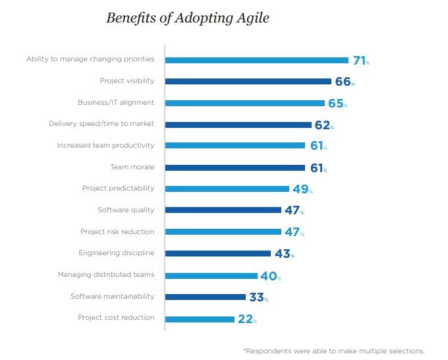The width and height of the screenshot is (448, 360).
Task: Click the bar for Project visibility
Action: pyautogui.click(x=248, y=81)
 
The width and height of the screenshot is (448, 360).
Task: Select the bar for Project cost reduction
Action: pyautogui.click(x=200, y=319)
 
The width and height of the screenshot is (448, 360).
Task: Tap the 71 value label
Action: pyautogui.click(x=360, y=60)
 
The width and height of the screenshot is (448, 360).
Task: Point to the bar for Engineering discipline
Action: pyautogui.click(x=217, y=253)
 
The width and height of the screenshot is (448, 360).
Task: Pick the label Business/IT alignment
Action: pyautogui.click(x=116, y=102)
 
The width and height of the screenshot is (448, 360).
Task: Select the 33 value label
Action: pyautogui.click(x=257, y=297)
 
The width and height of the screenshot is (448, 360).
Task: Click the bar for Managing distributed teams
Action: pyautogui.click(x=211, y=276)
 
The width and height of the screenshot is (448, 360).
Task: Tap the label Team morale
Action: pyautogui.click(x=132, y=167)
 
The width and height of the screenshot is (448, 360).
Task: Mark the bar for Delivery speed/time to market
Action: pyautogui.click(x=238, y=125)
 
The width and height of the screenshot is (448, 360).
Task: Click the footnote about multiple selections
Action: pyautogui.click(x=334, y=351)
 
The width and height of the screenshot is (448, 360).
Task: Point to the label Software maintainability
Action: pyautogui.click(x=112, y=296)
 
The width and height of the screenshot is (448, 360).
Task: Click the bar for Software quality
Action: pyautogui.click(x=223, y=210)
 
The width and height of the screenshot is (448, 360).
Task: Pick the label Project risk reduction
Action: pyautogui.click(x=117, y=231)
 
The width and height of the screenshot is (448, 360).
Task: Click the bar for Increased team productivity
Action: pyautogui.click(x=235, y=146)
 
